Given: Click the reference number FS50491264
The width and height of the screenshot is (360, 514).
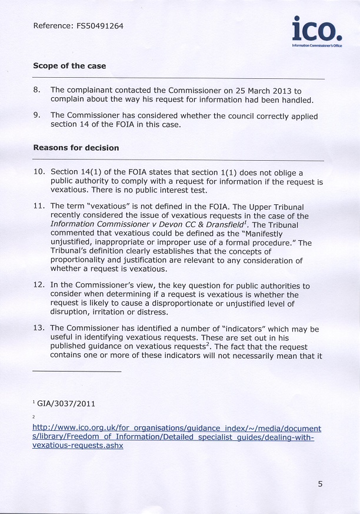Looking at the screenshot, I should pos(99,26).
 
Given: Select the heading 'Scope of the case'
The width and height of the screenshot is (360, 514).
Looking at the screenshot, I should pos(69,66).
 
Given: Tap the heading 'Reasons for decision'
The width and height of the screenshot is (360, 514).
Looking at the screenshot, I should pos(76,148).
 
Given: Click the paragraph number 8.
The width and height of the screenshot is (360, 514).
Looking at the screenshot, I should pos(36,90).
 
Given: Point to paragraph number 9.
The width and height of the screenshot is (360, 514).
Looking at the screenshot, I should pos(36,116).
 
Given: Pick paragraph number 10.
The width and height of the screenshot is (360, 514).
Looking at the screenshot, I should pos(38,173).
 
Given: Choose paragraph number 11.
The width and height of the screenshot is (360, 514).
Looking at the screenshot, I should pos(38,206).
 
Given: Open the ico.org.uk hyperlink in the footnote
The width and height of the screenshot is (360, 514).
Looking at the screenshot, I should pos(176,429).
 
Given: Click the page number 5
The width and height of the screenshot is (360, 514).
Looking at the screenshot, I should pos(320,484).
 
